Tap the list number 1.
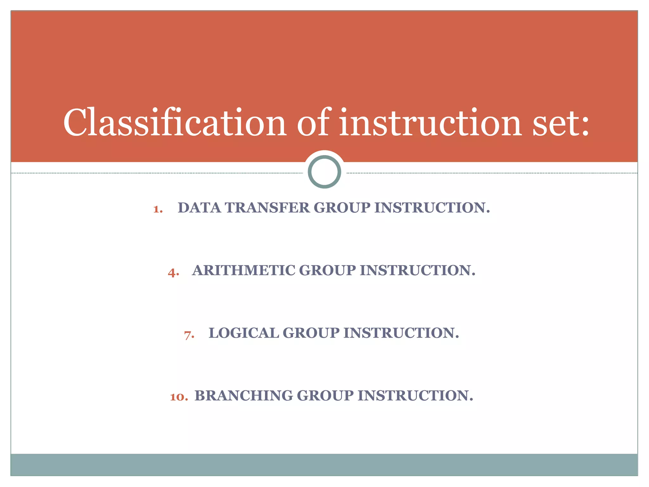coord(157,209)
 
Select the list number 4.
coord(173,272)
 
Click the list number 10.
coord(179,397)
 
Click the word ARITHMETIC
coord(243,270)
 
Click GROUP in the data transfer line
coord(342,208)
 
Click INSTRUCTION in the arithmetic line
coord(417,270)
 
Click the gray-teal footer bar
coord(324,464)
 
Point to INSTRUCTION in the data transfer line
coord(432,208)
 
